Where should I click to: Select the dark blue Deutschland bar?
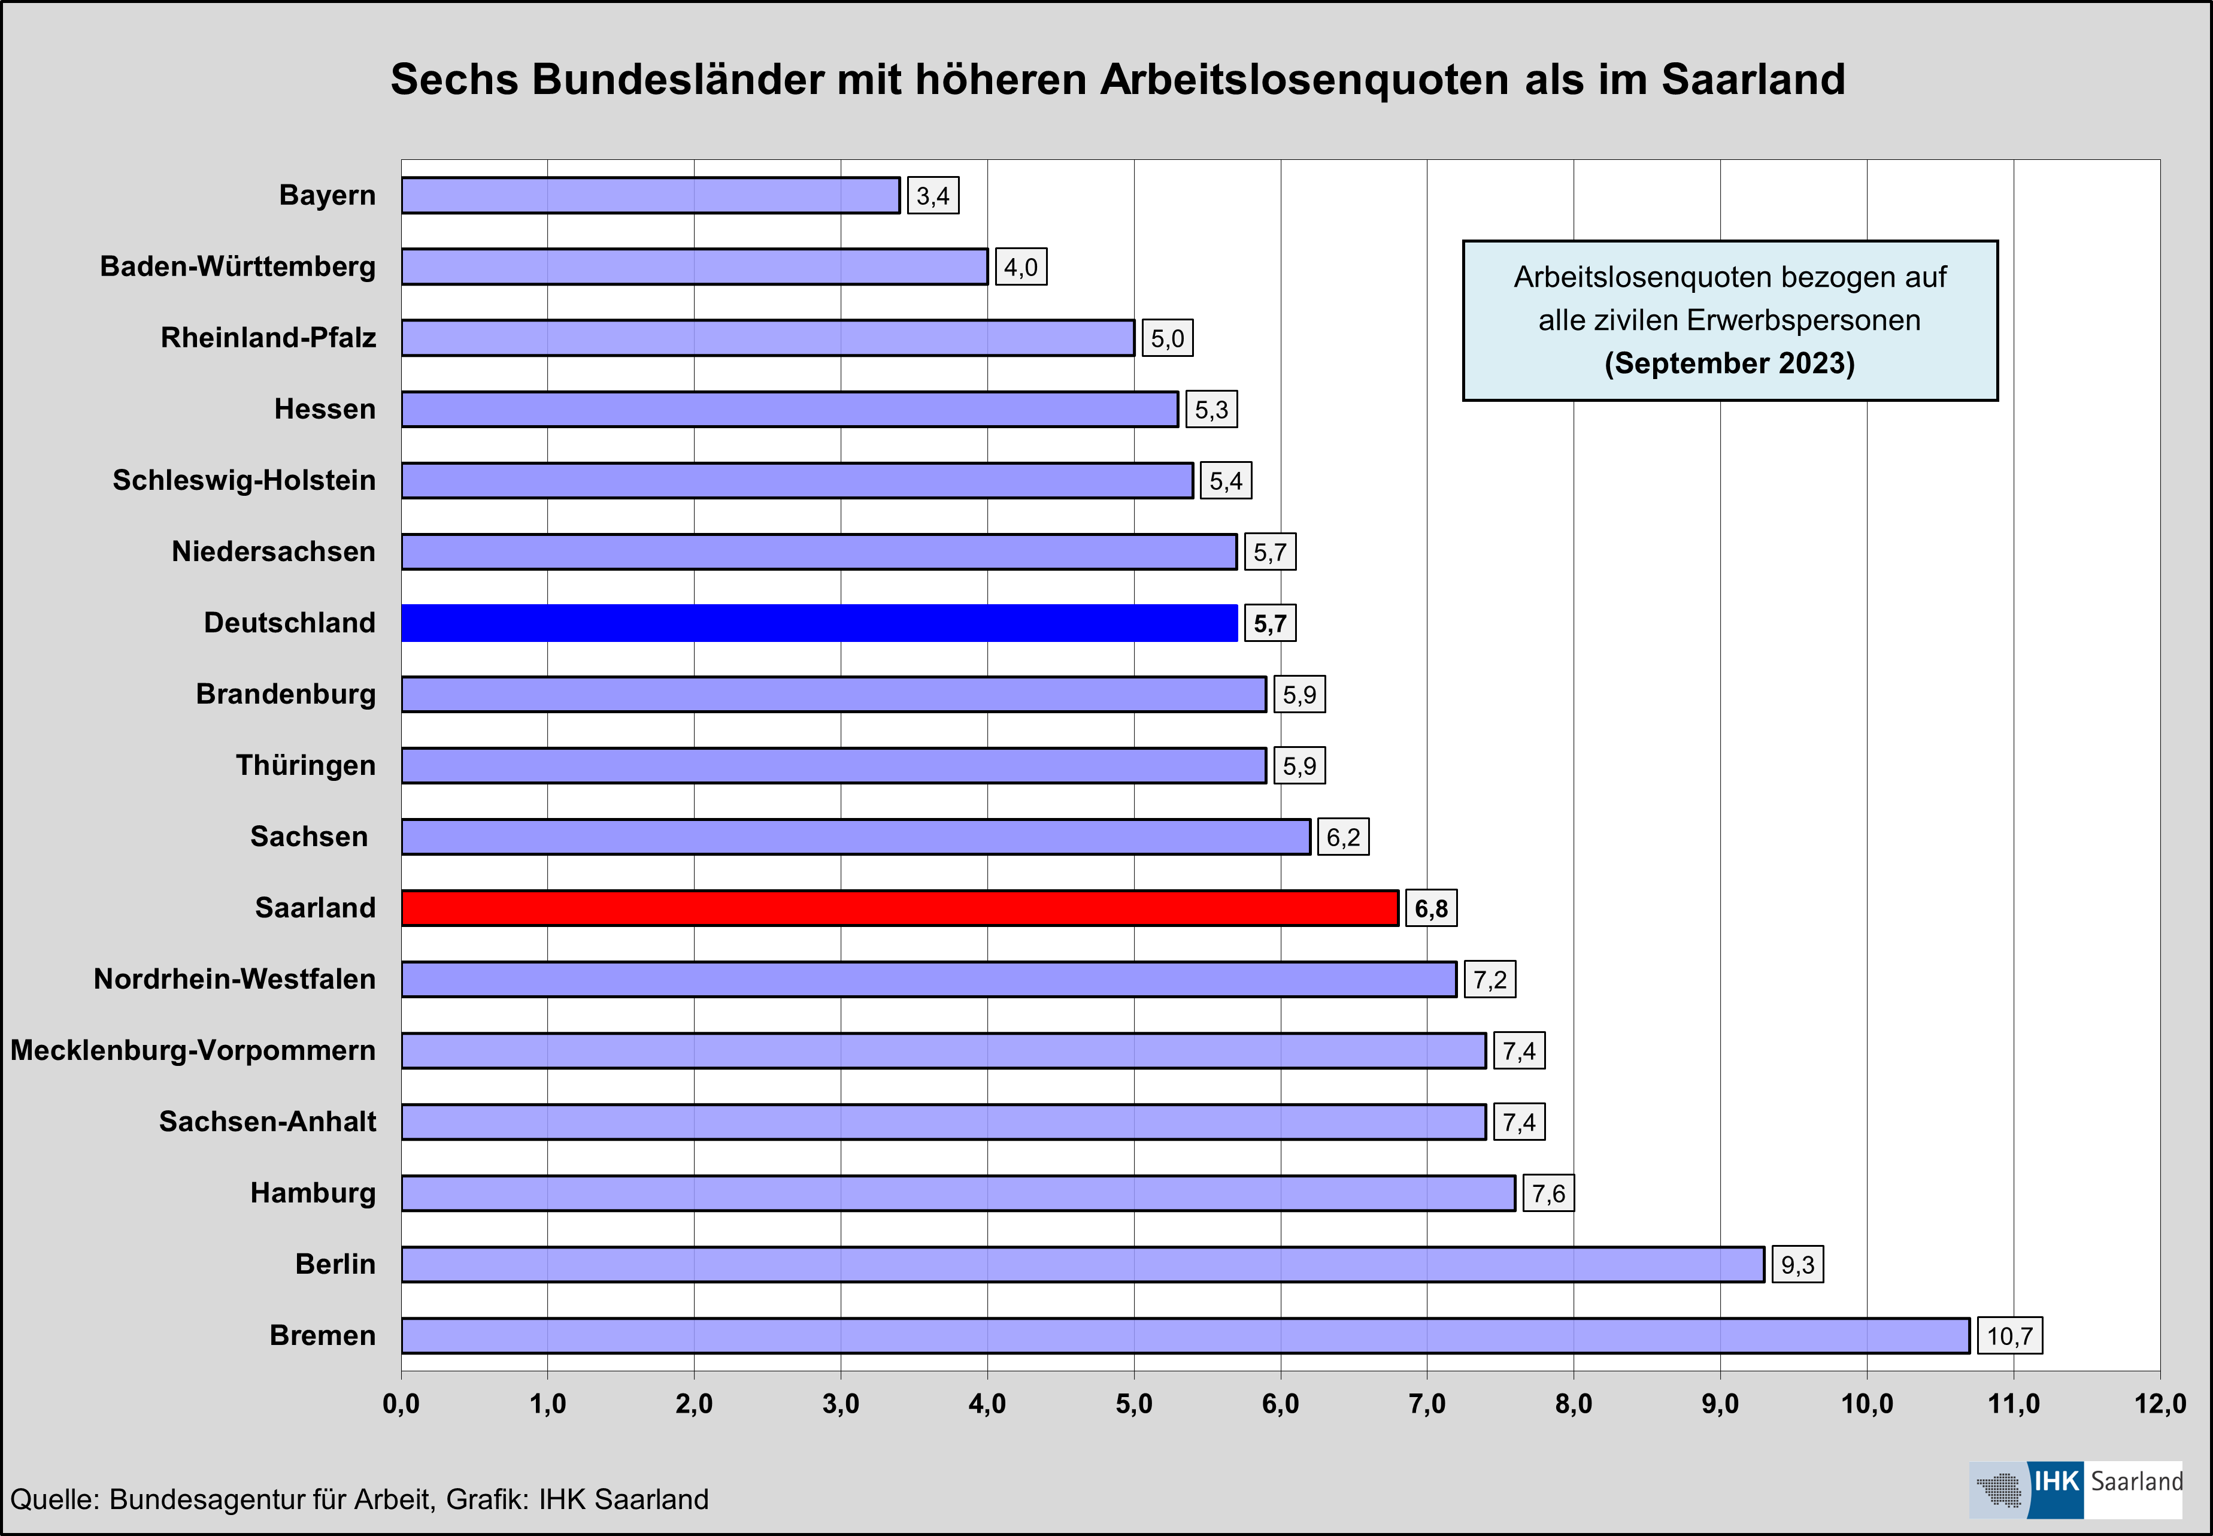point(819,623)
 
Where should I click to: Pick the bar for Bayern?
point(650,195)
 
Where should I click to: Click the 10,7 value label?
point(2009,1336)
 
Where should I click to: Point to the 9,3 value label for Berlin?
point(1796,1265)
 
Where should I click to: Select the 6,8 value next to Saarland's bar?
point(1431,908)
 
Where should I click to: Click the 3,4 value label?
point(932,196)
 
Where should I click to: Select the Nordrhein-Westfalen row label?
point(235,978)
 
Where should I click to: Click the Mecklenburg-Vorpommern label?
point(192,1050)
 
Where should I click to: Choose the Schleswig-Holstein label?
point(244,480)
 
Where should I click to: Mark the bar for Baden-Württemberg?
point(694,266)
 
